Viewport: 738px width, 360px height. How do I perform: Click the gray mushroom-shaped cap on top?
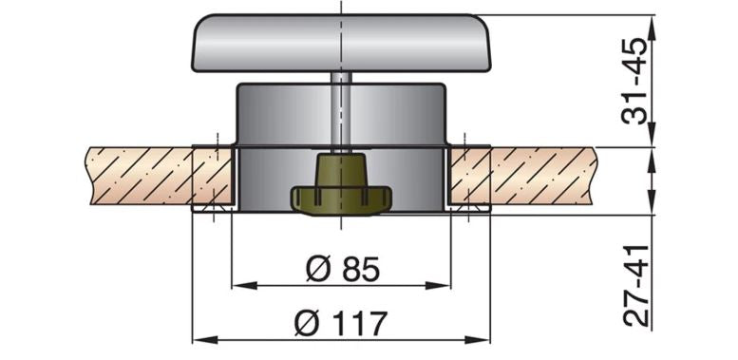tap(337, 43)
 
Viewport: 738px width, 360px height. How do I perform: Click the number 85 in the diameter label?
tap(357, 269)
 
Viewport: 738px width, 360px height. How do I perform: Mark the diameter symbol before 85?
tap(317, 269)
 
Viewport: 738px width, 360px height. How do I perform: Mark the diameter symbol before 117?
tap(307, 324)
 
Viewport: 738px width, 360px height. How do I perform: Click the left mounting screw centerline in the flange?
tap(216, 180)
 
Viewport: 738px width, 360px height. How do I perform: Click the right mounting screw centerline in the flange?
tap(467, 180)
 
